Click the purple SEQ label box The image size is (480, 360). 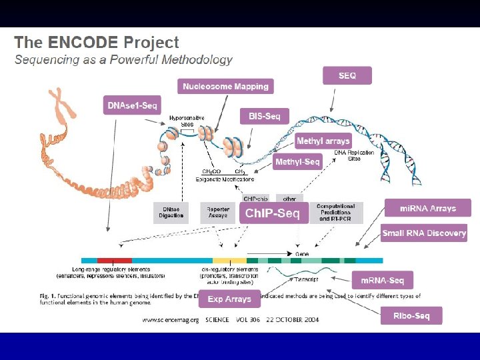click(347, 75)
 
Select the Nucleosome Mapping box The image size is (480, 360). click(225, 86)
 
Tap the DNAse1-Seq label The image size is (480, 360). click(133, 105)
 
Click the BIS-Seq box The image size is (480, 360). click(264, 116)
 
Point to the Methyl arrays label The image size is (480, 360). click(323, 141)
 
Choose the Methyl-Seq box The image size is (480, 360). click(297, 162)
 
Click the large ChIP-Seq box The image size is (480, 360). click(273, 213)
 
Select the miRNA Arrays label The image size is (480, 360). click(427, 208)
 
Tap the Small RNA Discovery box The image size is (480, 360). click(423, 233)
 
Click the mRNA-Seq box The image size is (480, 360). click(382, 280)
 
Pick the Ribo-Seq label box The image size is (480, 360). click(411, 315)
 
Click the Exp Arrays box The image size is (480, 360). click(229, 299)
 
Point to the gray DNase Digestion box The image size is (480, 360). click(171, 213)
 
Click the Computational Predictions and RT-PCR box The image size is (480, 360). click(336, 213)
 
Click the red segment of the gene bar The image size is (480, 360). click(115, 260)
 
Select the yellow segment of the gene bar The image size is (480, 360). click(229, 260)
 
